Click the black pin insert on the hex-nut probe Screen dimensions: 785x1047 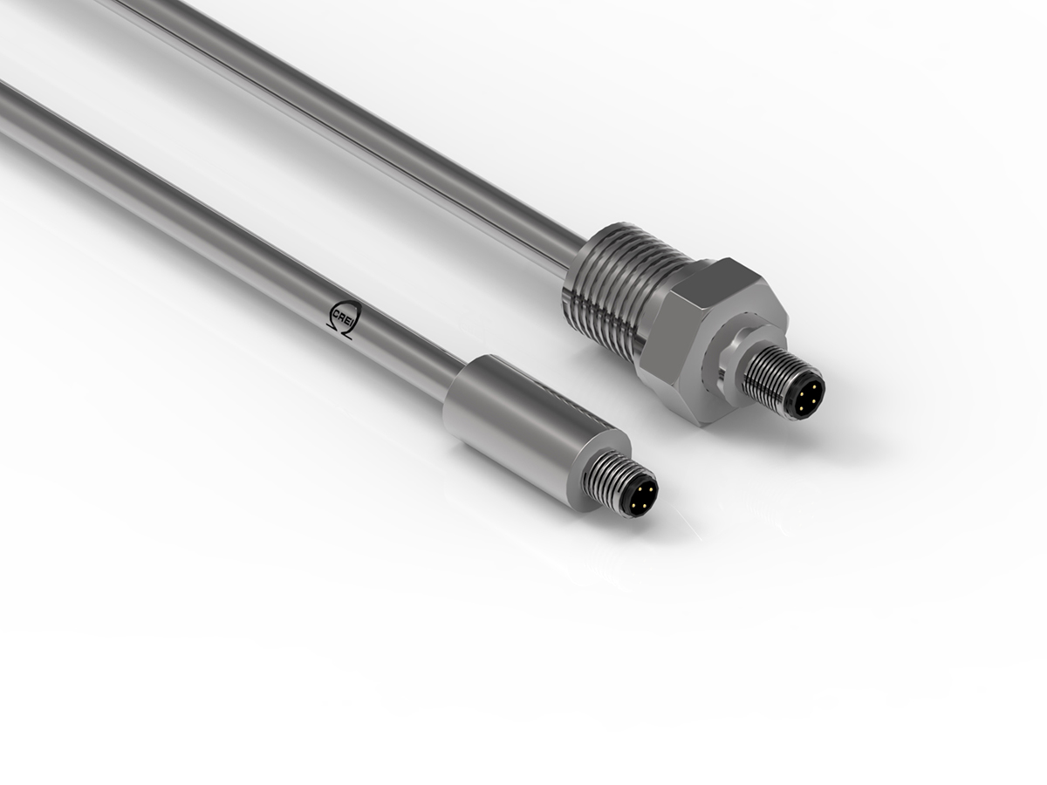coord(804,395)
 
